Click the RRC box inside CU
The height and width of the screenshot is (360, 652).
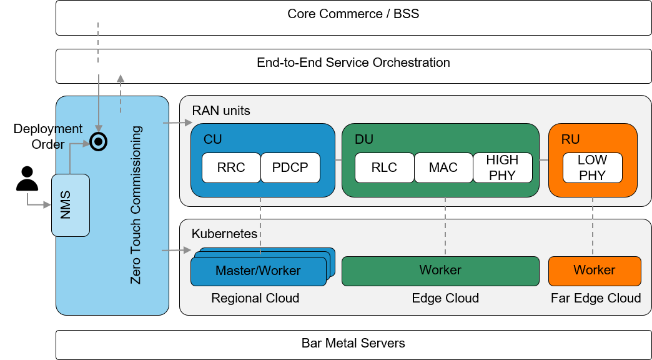[x=231, y=167]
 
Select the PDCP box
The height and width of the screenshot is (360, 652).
[x=290, y=167]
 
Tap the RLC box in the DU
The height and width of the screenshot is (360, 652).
[x=384, y=167]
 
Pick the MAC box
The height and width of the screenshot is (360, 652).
[x=443, y=167]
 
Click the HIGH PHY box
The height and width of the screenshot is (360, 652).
[x=502, y=167]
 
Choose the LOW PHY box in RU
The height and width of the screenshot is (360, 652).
[x=592, y=167]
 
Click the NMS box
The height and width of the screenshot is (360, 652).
[x=70, y=205]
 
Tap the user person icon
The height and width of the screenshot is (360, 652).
[x=27, y=178]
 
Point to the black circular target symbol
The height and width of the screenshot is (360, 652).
[x=98, y=142]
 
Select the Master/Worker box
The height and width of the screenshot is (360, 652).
[x=258, y=271]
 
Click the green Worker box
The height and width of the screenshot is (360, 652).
[x=440, y=271]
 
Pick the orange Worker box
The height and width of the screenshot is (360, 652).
[x=595, y=271]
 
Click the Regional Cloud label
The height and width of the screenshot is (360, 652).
[x=255, y=298]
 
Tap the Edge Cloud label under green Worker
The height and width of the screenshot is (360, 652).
[x=445, y=298]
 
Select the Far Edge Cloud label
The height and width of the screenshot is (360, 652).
[x=596, y=298]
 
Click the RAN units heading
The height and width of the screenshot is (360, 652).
[x=221, y=111]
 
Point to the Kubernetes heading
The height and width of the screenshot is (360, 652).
[x=224, y=234]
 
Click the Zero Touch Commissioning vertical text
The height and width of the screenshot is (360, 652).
[x=136, y=205]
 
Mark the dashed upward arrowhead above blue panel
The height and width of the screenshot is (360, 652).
[x=121, y=78]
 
